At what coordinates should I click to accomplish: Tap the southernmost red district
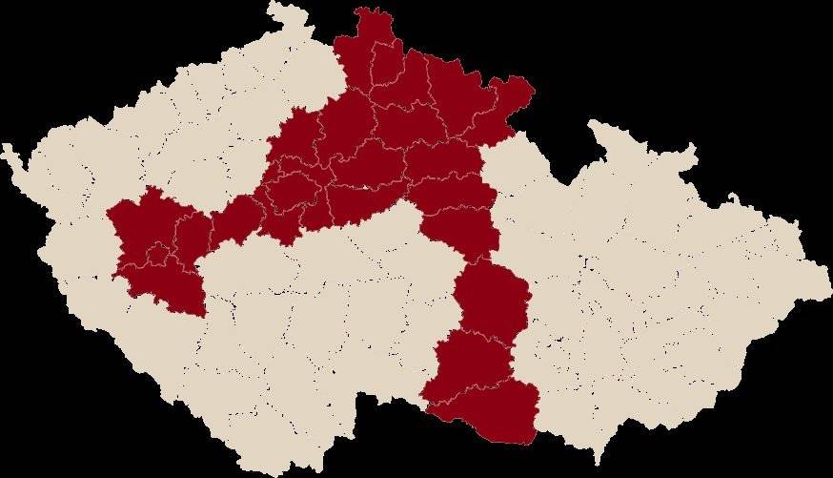click(x=496, y=415)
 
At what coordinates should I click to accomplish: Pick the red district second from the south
click(x=472, y=363)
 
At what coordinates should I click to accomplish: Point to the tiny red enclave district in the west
click(x=159, y=254)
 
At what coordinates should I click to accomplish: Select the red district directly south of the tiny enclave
click(x=172, y=286)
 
